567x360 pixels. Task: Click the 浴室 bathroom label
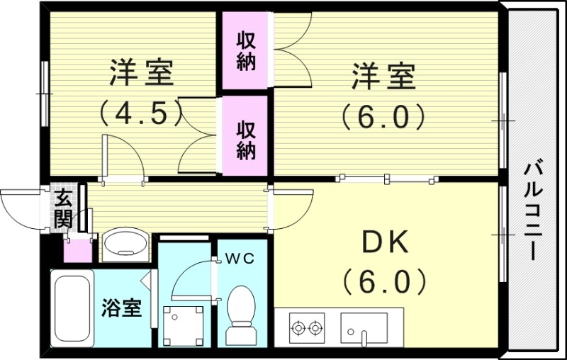pos(121,309)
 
